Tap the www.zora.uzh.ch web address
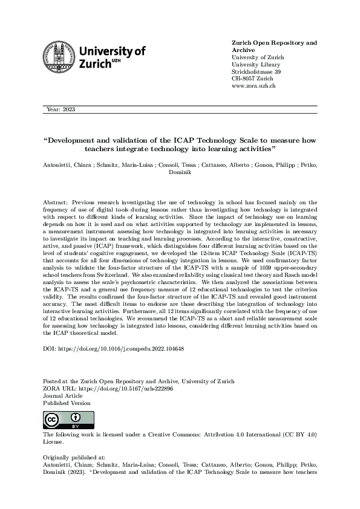254,86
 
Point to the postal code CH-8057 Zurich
252,79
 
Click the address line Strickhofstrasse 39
257,72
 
